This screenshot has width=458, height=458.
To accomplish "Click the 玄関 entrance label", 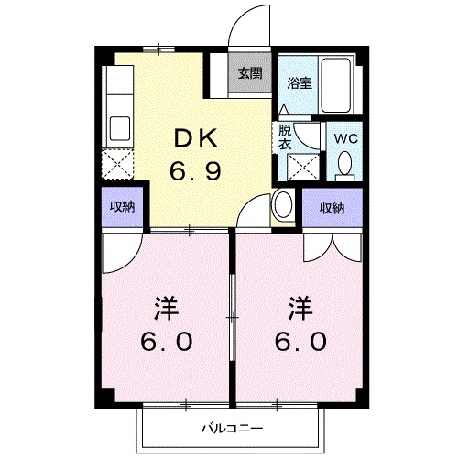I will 250,74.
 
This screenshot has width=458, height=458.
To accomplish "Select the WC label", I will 345,138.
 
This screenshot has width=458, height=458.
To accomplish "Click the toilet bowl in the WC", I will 345,164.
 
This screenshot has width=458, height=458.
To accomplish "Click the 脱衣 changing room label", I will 285,136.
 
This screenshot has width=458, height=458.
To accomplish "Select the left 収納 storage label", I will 123,207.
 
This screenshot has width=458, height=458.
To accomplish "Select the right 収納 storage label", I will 333,208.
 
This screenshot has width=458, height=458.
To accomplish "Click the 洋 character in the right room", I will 300,304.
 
